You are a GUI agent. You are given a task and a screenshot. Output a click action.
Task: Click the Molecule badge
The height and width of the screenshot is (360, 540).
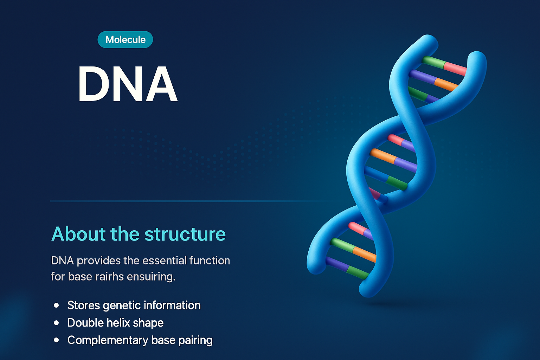click(125, 39)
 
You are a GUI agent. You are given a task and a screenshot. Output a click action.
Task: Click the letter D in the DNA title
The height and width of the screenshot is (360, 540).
click(94, 84)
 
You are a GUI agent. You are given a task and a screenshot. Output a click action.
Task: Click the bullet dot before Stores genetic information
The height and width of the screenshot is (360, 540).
click(57, 306)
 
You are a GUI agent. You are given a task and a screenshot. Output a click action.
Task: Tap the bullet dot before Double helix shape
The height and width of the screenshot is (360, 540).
click(57, 323)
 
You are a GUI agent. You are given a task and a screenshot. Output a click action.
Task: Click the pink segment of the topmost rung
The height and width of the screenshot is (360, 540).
click(455, 68)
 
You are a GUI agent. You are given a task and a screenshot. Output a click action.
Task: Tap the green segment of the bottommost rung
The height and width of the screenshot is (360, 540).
click(357, 272)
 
